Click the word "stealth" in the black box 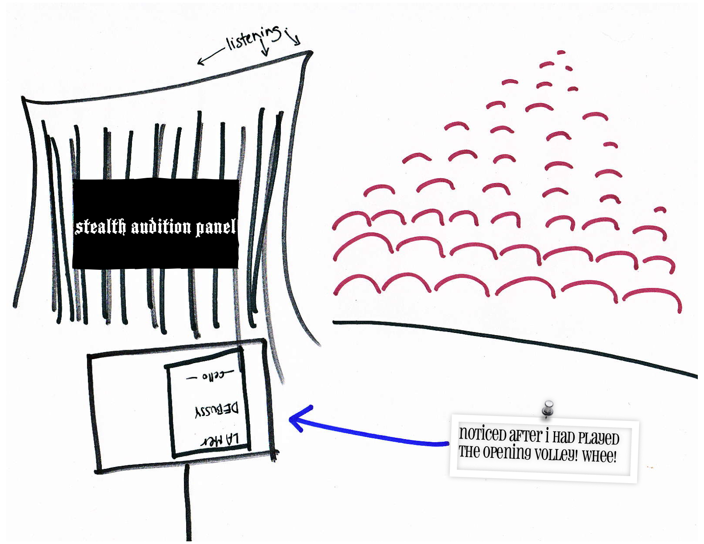100,227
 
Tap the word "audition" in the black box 161,227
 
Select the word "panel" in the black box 216,227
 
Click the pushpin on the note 548,408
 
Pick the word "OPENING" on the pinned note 507,452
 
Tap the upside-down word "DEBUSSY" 216,410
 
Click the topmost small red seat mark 561,52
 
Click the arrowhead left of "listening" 200,61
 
